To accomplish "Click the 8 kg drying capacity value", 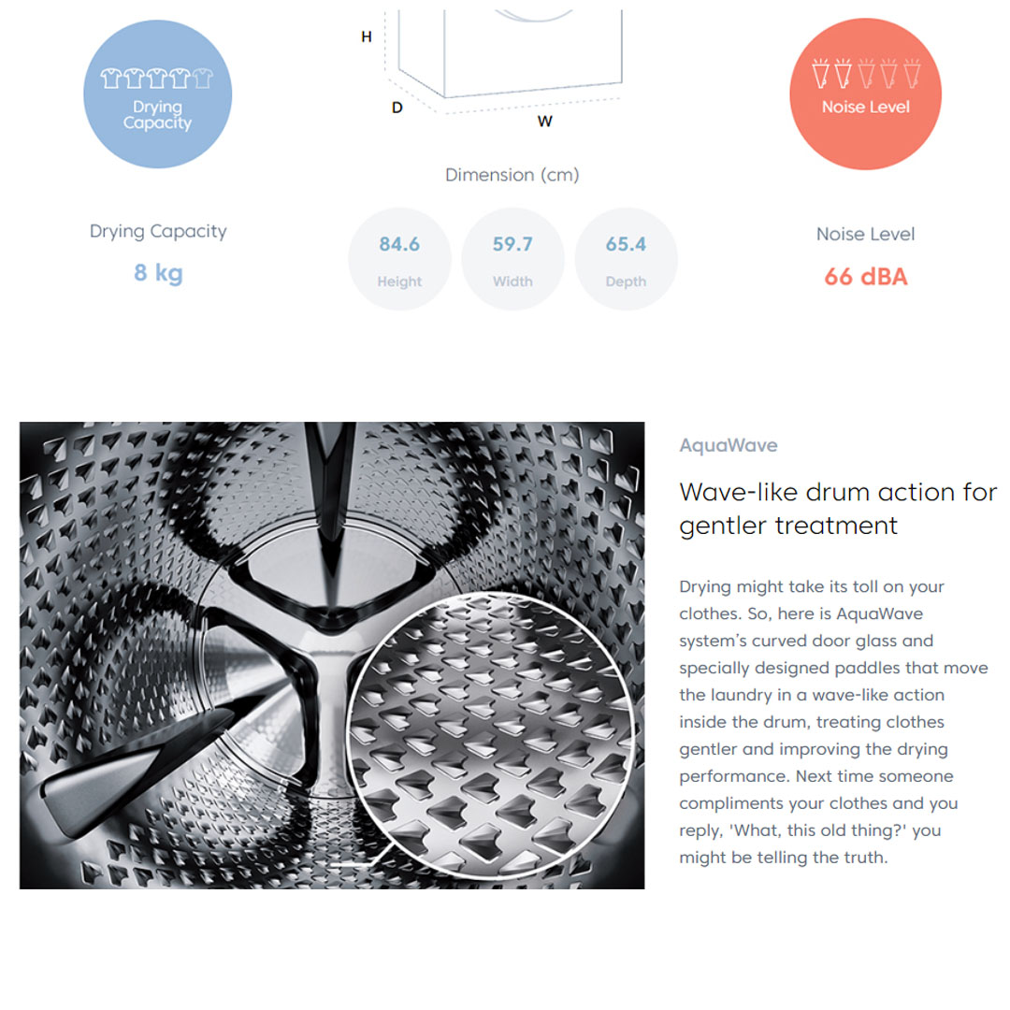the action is click(x=158, y=273).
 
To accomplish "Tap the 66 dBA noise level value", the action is click(x=866, y=277).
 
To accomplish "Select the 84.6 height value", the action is click(x=399, y=244).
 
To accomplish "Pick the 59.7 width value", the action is click(x=512, y=244).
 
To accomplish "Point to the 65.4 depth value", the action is click(x=626, y=244).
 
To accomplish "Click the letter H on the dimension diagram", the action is click(x=367, y=36).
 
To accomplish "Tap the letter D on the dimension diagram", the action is click(x=397, y=108).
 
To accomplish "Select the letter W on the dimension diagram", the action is click(x=545, y=121).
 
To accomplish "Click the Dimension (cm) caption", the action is click(x=512, y=175).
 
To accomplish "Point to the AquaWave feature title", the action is click(x=729, y=445).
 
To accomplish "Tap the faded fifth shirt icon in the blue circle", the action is click(x=202, y=78).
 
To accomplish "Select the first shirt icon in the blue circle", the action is click(x=110, y=78).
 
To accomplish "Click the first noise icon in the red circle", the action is click(x=820, y=73).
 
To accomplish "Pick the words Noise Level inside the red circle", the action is click(x=866, y=107).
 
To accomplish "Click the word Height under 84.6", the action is click(x=399, y=281).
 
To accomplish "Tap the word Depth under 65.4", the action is click(x=626, y=281).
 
